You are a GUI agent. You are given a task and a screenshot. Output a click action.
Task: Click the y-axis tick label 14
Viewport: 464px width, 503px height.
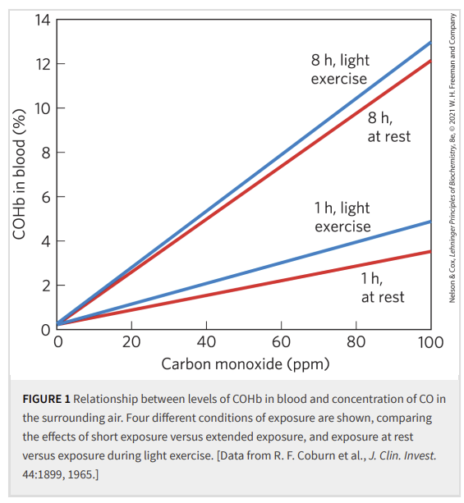(43, 20)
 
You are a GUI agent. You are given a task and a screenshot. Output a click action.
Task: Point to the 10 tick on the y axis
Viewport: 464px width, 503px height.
(61, 108)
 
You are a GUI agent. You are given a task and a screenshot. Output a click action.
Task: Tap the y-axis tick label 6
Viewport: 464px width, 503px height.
(46, 197)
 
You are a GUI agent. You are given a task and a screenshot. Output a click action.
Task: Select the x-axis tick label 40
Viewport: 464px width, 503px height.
(206, 342)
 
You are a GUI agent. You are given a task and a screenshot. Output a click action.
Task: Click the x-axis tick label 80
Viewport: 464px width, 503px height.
(356, 342)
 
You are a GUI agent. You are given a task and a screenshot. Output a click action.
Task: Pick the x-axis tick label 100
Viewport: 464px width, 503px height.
(430, 342)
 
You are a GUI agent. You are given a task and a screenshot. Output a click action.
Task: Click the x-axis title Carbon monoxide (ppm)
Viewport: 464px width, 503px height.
(246, 364)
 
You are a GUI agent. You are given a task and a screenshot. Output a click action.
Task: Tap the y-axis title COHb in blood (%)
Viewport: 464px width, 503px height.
(19, 174)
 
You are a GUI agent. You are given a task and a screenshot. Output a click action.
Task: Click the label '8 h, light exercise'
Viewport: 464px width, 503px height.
(340, 69)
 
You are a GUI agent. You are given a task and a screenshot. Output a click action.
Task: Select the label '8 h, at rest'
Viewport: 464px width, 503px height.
(389, 127)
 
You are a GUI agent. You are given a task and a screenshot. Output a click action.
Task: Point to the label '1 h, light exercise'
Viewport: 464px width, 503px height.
(342, 217)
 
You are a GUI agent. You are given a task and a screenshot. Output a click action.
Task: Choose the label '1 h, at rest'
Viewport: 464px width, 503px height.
(383, 288)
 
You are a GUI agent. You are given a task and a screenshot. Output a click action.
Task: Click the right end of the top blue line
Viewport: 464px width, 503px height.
(430, 43)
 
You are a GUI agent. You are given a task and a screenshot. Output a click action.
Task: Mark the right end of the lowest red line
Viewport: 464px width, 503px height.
(430, 251)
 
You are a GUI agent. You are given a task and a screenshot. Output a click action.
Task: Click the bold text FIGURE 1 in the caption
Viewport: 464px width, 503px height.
(46, 399)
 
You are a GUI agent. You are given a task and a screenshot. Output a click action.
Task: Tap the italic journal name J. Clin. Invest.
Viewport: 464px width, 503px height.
(402, 455)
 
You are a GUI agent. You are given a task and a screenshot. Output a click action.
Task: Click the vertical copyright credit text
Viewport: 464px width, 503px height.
(453, 158)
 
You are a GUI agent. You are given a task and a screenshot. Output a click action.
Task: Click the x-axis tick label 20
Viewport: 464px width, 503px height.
(131, 342)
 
